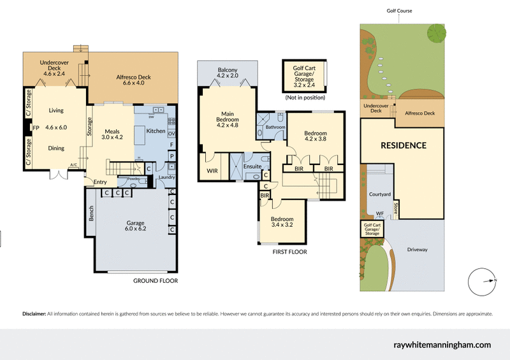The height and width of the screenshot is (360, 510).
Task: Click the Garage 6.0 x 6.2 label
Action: point(136,226)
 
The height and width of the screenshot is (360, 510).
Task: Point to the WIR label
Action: point(212,171)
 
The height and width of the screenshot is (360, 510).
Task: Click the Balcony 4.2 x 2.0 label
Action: point(228,73)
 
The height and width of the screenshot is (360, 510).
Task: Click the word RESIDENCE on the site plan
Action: point(404,145)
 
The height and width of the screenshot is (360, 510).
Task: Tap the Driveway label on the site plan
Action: point(417,249)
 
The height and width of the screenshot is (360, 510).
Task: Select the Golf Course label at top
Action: point(399,11)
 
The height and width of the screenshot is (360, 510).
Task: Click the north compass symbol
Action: point(483,280)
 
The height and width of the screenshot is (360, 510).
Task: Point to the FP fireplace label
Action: point(36,127)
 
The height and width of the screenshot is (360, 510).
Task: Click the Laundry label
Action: point(167,177)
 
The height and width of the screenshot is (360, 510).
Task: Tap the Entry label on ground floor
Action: point(100,182)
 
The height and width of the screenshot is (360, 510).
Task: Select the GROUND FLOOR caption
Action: point(155,280)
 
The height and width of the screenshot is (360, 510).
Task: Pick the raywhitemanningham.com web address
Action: point(442,344)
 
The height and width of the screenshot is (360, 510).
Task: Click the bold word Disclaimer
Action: point(35,313)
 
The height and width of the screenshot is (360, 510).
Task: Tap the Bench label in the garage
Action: point(91,214)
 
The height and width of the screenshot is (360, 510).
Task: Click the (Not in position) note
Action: point(305,97)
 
